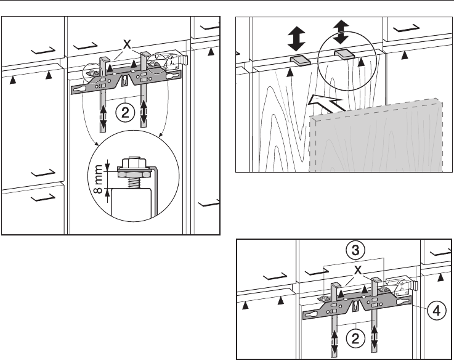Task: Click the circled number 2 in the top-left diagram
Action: [x=124, y=112]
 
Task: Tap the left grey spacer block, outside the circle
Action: [x=300, y=60]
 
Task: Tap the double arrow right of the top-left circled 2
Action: [x=145, y=112]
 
